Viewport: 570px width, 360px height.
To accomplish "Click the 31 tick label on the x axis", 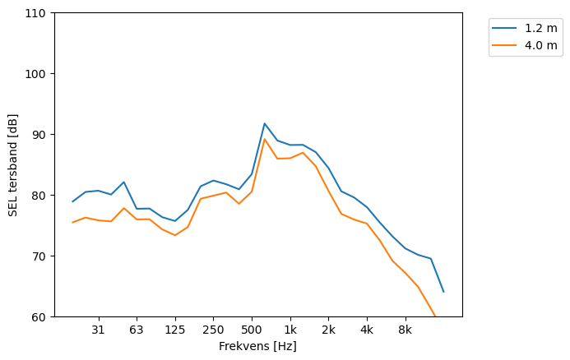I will pos(98,330).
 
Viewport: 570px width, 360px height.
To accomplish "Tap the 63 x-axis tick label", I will pos(137,330).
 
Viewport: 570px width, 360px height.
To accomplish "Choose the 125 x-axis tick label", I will pos(175,330).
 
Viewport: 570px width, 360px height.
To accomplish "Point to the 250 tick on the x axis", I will pos(213,330).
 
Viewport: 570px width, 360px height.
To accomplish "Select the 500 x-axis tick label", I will pos(252,330).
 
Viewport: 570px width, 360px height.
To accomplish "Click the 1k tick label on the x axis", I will pos(290,330).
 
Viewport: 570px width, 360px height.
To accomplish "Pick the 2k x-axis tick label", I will pos(328,330).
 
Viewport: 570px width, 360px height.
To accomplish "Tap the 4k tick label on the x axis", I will pos(367,330).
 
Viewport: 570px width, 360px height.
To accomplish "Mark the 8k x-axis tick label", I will pos(405,330).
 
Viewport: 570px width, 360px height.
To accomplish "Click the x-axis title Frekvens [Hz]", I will pos(257,346).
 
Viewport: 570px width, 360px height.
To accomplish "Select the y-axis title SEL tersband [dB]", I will pos(13,164).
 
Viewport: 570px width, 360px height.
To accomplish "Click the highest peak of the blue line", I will pos(265,123).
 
